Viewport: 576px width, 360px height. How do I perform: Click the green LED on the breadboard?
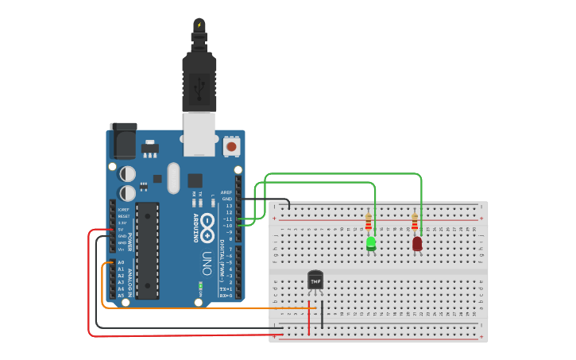coord(371,243)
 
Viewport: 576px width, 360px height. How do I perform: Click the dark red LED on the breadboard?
coord(417,244)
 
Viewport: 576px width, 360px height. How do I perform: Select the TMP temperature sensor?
coord(315,281)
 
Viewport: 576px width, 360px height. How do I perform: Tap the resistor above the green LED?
coord(368,222)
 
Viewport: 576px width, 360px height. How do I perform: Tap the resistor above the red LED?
coord(414,222)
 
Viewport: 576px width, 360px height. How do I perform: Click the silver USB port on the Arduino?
coord(199,133)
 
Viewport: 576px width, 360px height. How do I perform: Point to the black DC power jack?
coord(123,141)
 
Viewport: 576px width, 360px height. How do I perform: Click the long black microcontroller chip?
coord(147,250)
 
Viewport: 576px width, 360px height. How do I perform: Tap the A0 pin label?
coord(121,262)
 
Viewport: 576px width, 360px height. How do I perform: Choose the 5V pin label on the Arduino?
coord(121,229)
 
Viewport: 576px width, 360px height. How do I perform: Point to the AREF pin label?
coord(227,192)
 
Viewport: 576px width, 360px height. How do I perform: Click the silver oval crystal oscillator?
coord(173,178)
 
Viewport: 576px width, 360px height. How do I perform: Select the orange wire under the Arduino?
coord(207,308)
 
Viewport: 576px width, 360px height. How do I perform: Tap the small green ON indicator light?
coord(201,285)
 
